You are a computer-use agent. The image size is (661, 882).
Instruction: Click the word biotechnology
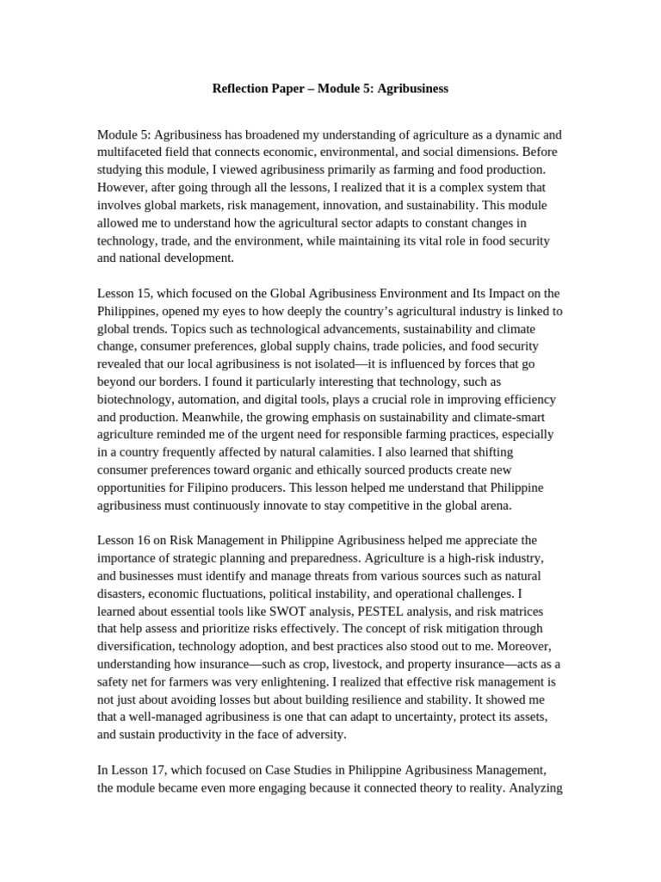click(135, 399)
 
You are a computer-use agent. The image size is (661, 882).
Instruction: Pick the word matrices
click(533, 609)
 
